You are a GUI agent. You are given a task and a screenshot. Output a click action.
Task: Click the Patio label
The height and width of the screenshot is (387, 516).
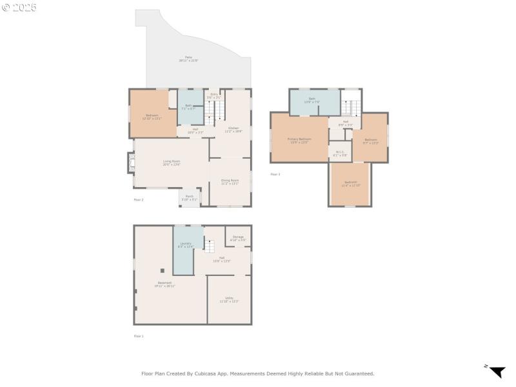(x=188, y=59)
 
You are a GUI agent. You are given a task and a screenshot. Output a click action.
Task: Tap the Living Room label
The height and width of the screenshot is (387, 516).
(x=171, y=163)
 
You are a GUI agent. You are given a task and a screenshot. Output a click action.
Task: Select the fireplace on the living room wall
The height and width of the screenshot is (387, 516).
(x=130, y=163)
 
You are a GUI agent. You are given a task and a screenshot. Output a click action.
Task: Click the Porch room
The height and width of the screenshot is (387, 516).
(x=189, y=197)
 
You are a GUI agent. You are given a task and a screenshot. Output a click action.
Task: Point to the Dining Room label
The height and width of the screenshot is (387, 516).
(x=230, y=182)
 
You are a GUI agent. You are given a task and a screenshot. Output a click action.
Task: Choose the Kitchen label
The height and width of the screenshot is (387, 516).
(x=233, y=129)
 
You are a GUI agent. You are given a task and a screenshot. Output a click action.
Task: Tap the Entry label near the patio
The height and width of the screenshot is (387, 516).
(x=213, y=95)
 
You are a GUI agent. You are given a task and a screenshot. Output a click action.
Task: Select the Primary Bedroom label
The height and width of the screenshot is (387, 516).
(x=299, y=140)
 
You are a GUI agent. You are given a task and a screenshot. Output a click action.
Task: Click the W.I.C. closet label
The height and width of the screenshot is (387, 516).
(x=340, y=154)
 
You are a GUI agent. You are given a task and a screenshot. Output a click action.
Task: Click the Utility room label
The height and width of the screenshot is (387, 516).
(x=229, y=299)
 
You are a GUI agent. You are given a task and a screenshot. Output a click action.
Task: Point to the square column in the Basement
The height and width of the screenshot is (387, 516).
(x=163, y=271)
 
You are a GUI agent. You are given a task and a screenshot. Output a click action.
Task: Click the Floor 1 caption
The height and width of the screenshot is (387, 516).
(x=139, y=336)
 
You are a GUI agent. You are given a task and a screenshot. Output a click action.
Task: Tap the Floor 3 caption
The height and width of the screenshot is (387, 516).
(x=275, y=174)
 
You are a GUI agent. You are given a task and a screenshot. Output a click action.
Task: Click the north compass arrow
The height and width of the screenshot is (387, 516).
(x=497, y=372)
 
